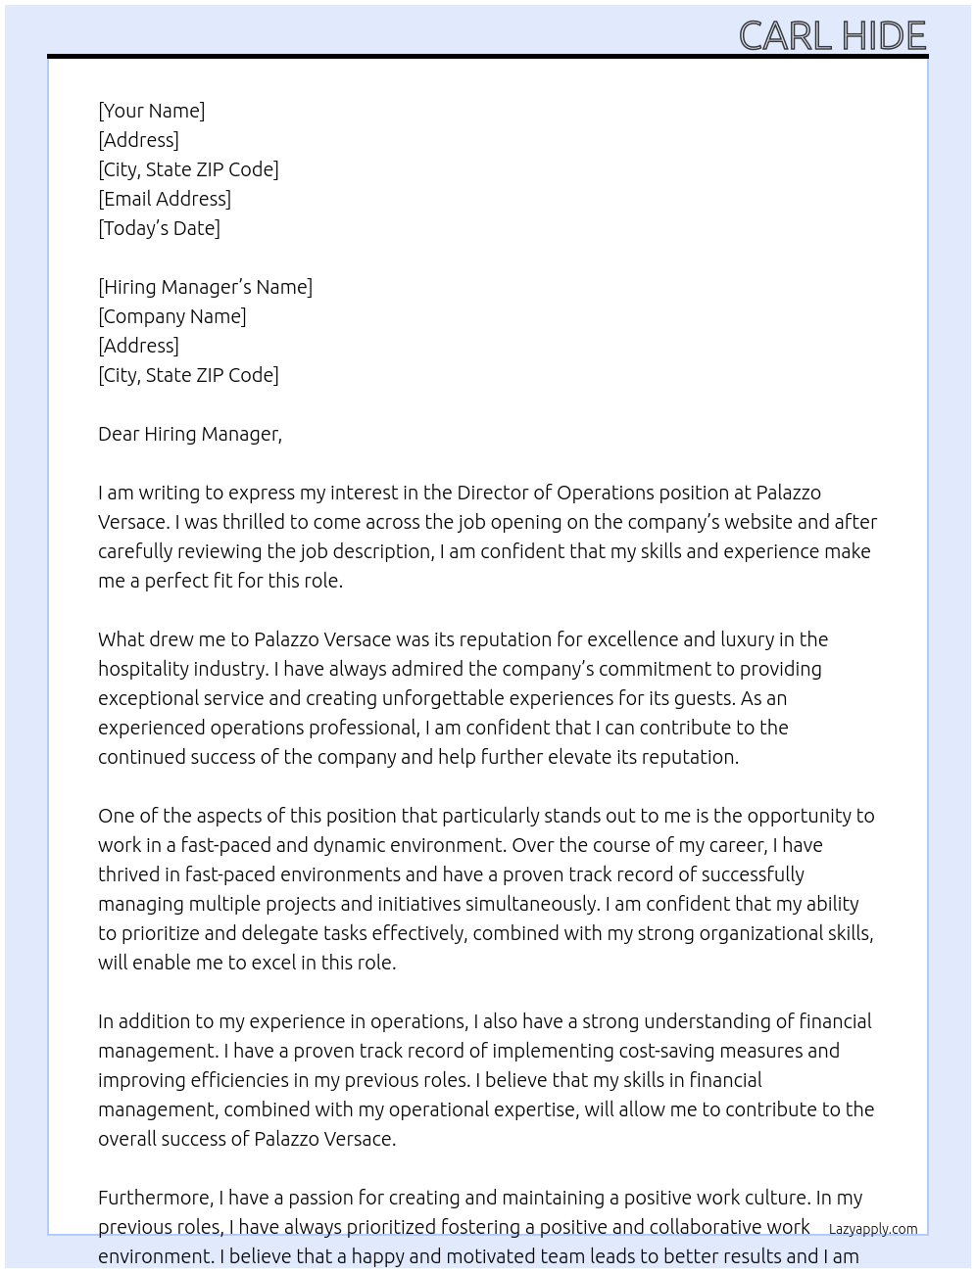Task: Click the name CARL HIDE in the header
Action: click(832, 35)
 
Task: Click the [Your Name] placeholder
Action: click(151, 111)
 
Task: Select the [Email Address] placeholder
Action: click(165, 199)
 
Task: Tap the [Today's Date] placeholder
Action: click(159, 228)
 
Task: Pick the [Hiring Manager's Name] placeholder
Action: click(205, 287)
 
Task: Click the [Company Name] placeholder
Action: click(171, 316)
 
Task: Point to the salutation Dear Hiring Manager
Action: click(189, 434)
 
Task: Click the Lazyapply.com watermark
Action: click(872, 1229)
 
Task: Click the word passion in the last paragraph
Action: click(322, 1198)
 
